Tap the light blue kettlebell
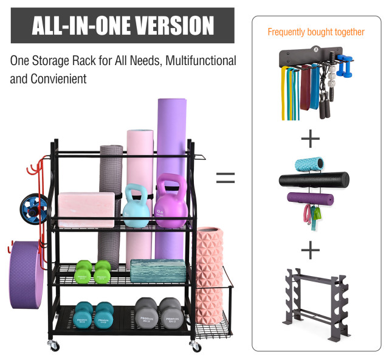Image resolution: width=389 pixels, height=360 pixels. (x=137, y=210)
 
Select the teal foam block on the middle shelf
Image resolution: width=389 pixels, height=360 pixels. (x=158, y=270)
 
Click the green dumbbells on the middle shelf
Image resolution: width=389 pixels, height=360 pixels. (x=93, y=271)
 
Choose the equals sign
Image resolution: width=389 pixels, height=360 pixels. (x=225, y=178)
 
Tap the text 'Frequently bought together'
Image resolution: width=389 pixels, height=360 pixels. (x=316, y=32)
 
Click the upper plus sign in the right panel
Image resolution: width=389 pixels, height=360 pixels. (x=310, y=139)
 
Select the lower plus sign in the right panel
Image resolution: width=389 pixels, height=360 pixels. (x=310, y=249)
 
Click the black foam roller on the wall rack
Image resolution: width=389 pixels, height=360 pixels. (x=314, y=181)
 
